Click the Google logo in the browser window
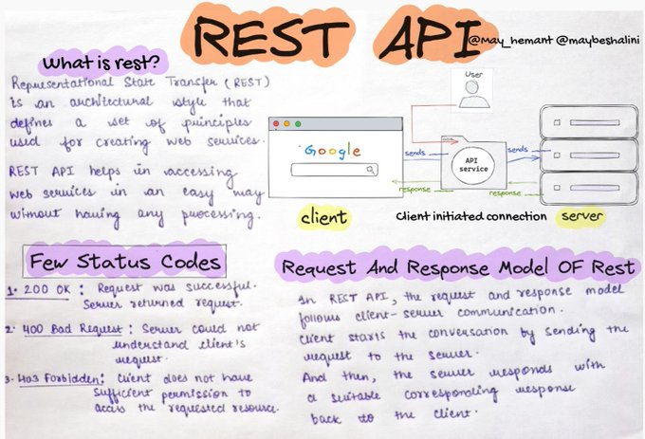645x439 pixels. click(x=332, y=150)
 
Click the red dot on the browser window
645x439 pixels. click(x=276, y=124)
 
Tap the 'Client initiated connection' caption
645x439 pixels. click(x=471, y=216)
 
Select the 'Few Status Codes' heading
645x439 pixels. click(x=125, y=262)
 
